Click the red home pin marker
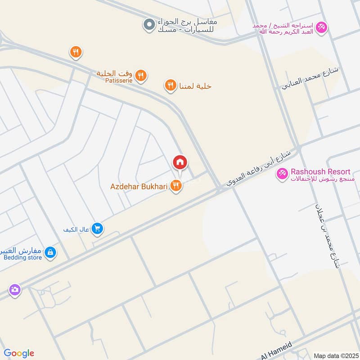tap(180, 162)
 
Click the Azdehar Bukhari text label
tap(139, 186)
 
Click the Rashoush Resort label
tap(320, 172)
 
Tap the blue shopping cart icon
tap(97, 229)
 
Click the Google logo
tap(18, 353)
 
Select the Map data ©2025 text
tap(334, 355)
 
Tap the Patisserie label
tap(118, 81)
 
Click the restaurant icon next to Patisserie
tap(141, 76)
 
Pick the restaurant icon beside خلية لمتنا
tap(170, 85)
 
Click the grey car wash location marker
tap(148, 25)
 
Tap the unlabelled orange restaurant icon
tap(76, 53)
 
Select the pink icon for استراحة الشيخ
tap(321, 27)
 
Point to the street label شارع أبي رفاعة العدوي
tap(258, 169)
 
